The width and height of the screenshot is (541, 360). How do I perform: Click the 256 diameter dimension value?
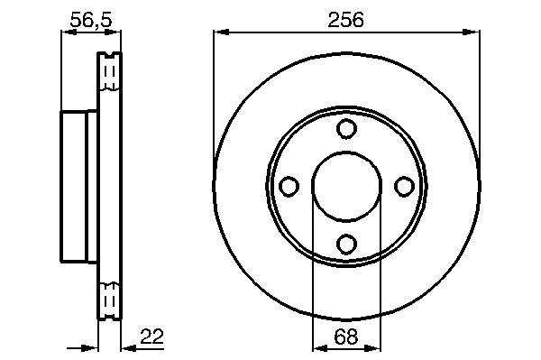click(345, 19)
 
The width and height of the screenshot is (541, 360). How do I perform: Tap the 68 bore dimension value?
click(346, 337)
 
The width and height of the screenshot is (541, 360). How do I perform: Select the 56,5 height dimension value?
click(91, 19)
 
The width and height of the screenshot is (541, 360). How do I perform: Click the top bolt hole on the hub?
click(346, 128)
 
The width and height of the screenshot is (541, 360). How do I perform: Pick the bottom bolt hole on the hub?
click(346, 244)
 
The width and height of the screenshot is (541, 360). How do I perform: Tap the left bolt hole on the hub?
click(289, 186)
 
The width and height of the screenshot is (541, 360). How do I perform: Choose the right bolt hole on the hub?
click(404, 186)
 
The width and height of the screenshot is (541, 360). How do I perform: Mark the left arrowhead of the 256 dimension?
click(221, 32)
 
